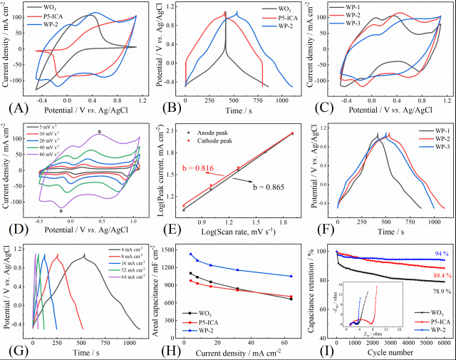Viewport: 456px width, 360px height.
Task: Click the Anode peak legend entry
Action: [223, 132]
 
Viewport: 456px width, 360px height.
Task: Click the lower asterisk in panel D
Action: [62, 212]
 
